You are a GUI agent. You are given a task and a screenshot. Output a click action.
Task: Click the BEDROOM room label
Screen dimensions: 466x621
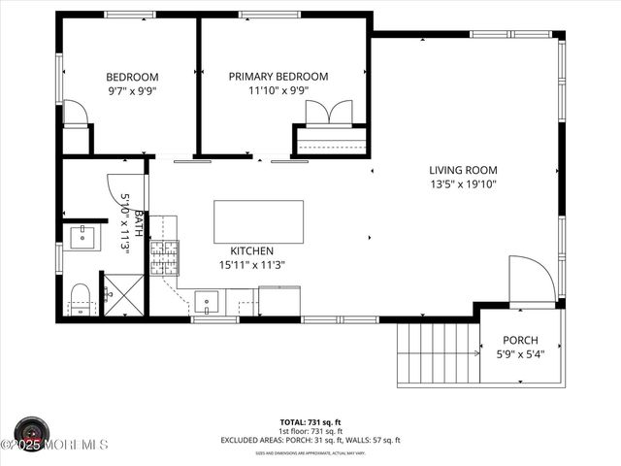[132, 77]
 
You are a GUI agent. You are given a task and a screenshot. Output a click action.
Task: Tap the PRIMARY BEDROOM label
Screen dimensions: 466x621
[278, 77]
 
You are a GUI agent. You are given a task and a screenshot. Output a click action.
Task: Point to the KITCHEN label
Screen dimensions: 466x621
[251, 250]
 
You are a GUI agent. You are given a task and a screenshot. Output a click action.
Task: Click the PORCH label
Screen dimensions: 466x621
[520, 341]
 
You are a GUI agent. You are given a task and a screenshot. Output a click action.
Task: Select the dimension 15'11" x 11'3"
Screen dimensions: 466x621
[251, 264]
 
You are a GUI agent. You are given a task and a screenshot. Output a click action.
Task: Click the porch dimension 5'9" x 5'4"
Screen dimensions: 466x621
[520, 354]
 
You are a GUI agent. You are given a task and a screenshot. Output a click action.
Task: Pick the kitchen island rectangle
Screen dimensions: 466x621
[258, 221]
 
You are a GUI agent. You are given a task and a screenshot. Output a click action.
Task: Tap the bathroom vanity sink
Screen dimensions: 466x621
[83, 237]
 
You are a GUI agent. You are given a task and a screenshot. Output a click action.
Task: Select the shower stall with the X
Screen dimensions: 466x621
[123, 295]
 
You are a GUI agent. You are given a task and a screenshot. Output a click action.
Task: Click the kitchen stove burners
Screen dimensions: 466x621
[164, 257]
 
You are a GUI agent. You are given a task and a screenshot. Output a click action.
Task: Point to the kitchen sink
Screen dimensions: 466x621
[208, 301]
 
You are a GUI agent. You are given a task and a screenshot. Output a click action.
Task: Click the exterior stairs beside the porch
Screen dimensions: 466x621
[439, 353]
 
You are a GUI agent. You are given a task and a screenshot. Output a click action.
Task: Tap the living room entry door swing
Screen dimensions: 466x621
[532, 280]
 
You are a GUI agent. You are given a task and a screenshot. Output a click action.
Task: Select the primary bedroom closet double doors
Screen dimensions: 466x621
[329, 113]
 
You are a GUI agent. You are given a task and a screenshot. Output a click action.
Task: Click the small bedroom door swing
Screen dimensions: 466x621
[76, 113]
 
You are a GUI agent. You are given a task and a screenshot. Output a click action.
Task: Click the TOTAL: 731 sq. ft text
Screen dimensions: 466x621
[310, 422]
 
